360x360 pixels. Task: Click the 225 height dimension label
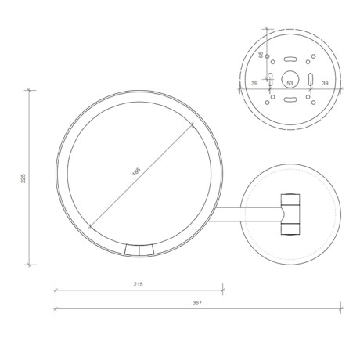pyautogui.click(x=24, y=178)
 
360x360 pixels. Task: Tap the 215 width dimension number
pyautogui.click(x=139, y=284)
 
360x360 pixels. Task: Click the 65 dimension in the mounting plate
pyautogui.click(x=261, y=56)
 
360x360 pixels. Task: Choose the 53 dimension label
pyautogui.click(x=290, y=82)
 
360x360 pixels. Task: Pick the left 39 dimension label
pyautogui.click(x=254, y=82)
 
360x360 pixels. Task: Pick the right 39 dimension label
pyautogui.click(x=325, y=82)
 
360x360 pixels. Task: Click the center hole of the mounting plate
pyautogui.click(x=290, y=78)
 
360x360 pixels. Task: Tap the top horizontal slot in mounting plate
pyautogui.click(x=290, y=58)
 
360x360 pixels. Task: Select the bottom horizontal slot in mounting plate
pyautogui.click(x=290, y=99)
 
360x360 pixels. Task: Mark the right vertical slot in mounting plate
pyautogui.click(x=310, y=78)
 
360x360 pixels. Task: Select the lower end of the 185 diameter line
pyautogui.click(x=92, y=227)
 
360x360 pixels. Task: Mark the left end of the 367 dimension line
pyautogui.click(x=56, y=308)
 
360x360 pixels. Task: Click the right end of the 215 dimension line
pyautogui.click(x=222, y=290)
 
